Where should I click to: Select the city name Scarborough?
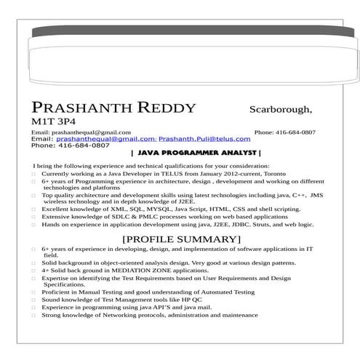coord(281,110)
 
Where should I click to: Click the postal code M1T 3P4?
coord(53,122)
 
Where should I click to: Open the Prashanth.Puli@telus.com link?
coord(204,138)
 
